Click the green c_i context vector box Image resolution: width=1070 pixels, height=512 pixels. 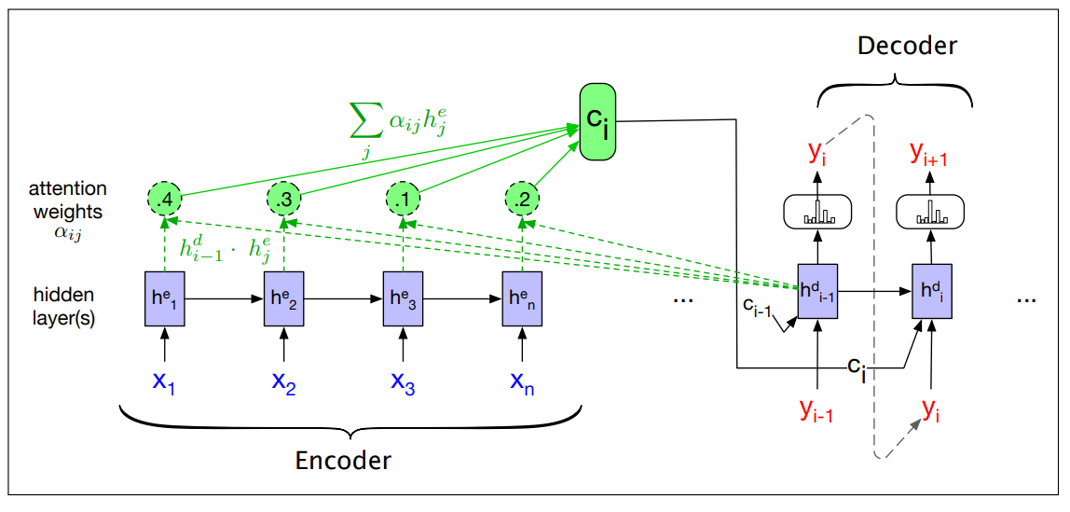click(597, 120)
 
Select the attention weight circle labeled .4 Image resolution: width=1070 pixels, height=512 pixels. click(165, 199)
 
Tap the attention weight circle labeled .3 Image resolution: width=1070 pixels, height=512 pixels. click(283, 199)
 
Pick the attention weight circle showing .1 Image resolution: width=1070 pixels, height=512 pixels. click(403, 199)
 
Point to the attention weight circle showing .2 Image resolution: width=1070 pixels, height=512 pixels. click(521, 199)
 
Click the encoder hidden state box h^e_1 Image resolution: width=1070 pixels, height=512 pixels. click(164, 298)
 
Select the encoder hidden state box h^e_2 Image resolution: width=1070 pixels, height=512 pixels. click(283, 298)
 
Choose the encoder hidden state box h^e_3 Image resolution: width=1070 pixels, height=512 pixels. click(403, 298)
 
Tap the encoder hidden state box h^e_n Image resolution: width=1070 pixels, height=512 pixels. click(522, 298)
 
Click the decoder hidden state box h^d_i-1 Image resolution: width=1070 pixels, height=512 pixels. click(816, 290)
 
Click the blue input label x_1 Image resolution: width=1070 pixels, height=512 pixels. click(164, 381)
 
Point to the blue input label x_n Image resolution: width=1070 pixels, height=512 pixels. click(522, 381)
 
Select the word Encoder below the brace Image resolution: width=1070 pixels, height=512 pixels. click(344, 460)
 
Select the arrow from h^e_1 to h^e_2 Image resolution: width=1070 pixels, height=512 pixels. click(224, 298)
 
